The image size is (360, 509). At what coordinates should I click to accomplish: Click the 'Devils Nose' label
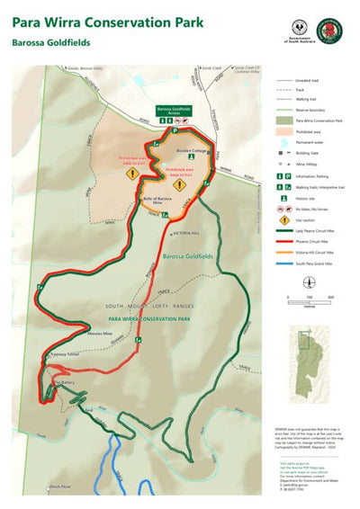60,486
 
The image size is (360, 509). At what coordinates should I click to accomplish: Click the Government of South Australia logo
300,30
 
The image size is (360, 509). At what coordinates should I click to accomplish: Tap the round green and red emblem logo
332,29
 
